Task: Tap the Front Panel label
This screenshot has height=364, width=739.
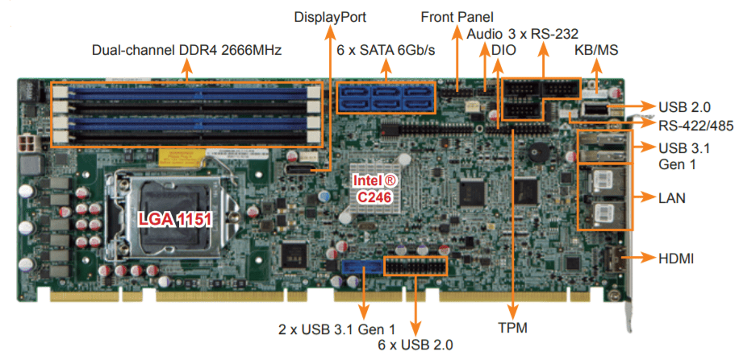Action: (457, 17)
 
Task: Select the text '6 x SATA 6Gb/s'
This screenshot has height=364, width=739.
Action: (386, 50)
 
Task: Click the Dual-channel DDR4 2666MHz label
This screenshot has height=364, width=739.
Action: (186, 50)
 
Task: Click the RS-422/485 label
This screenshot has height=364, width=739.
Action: (695, 125)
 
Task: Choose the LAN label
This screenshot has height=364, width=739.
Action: (672, 197)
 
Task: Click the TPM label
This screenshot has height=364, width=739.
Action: (512, 328)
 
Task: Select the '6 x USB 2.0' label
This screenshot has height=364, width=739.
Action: (415, 345)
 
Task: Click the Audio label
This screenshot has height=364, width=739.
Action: (484, 34)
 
